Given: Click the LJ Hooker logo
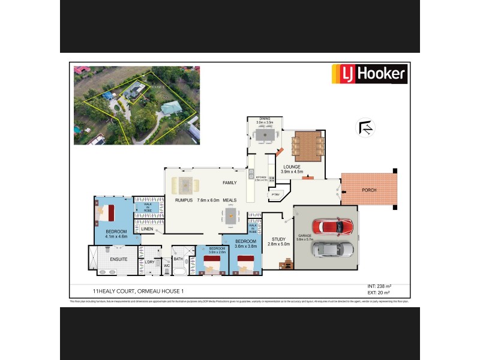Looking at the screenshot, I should tap(370, 75).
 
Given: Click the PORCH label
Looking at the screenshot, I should tap(369, 191).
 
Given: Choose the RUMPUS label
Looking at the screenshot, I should tap(184, 200).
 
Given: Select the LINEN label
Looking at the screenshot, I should tap(147, 229).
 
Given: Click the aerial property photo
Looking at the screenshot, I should tap(136, 106).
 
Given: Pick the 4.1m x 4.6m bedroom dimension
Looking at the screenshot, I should tap(116, 237).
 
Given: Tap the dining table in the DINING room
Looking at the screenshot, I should tap(265, 136).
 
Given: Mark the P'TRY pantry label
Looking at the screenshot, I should tap(276, 194).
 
